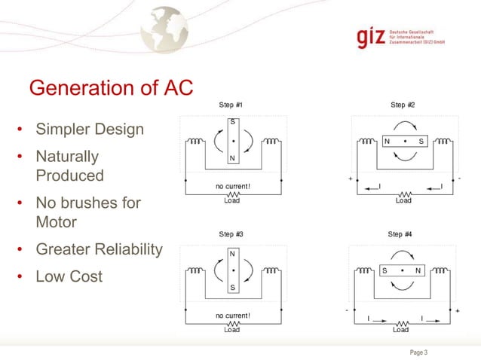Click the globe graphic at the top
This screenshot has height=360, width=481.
point(165,29)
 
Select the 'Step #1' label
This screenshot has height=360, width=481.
point(231,105)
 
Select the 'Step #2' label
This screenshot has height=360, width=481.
point(403,105)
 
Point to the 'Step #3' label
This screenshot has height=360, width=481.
point(231,234)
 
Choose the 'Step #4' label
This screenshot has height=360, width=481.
point(400,234)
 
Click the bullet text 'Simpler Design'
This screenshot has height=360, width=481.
point(90,130)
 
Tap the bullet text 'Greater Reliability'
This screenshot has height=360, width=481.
point(99,249)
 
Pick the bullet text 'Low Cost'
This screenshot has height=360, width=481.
point(69,276)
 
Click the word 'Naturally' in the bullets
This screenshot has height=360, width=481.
point(67,157)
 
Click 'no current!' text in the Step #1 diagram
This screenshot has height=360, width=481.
point(233,187)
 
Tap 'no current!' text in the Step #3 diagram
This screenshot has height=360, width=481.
point(233,315)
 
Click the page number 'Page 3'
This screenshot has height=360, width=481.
point(418,352)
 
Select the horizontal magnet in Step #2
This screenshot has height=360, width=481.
point(403,141)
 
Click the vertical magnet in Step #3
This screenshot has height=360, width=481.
point(233,270)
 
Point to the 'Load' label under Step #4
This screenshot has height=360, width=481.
point(401,329)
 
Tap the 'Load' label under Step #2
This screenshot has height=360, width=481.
point(404,200)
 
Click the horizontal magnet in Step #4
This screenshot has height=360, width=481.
point(402,270)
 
